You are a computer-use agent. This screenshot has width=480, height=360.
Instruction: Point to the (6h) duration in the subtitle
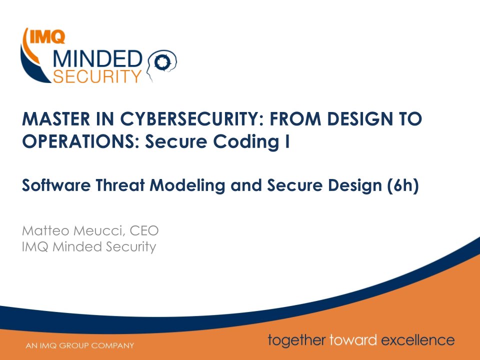coord(402,186)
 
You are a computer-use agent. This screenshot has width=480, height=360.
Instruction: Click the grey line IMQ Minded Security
coord(89,246)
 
